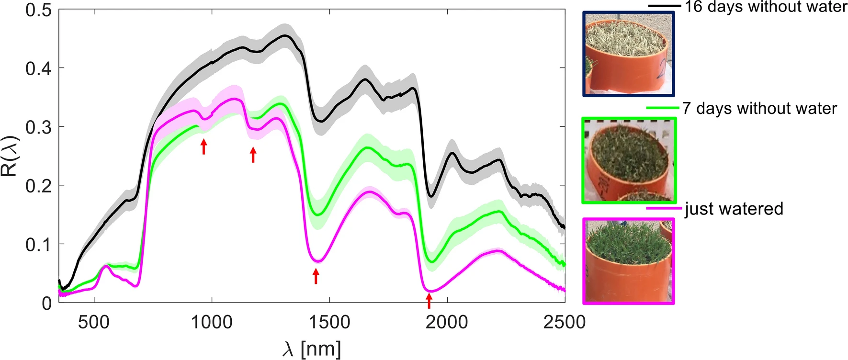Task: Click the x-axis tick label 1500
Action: coord(329,322)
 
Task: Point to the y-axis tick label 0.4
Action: coord(38,68)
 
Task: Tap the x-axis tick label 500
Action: coord(94,322)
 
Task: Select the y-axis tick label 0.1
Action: coord(38,244)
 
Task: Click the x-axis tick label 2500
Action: coord(565,322)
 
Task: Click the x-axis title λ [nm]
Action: coord(312,349)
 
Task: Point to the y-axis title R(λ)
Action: coord(10,156)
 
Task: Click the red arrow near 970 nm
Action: coord(204,146)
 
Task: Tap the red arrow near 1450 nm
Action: coord(316,276)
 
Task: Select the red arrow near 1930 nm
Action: coord(429,301)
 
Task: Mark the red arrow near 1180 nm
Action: coord(253,155)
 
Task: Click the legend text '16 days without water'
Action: coord(766,7)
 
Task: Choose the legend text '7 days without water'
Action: coord(759,108)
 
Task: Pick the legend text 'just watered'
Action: coord(734,209)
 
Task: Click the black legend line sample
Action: coord(665,6)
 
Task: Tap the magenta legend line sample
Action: coord(664,208)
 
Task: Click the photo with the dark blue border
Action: coord(628,54)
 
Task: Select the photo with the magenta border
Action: coord(629,261)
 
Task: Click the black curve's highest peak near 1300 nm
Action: coord(285,35)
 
